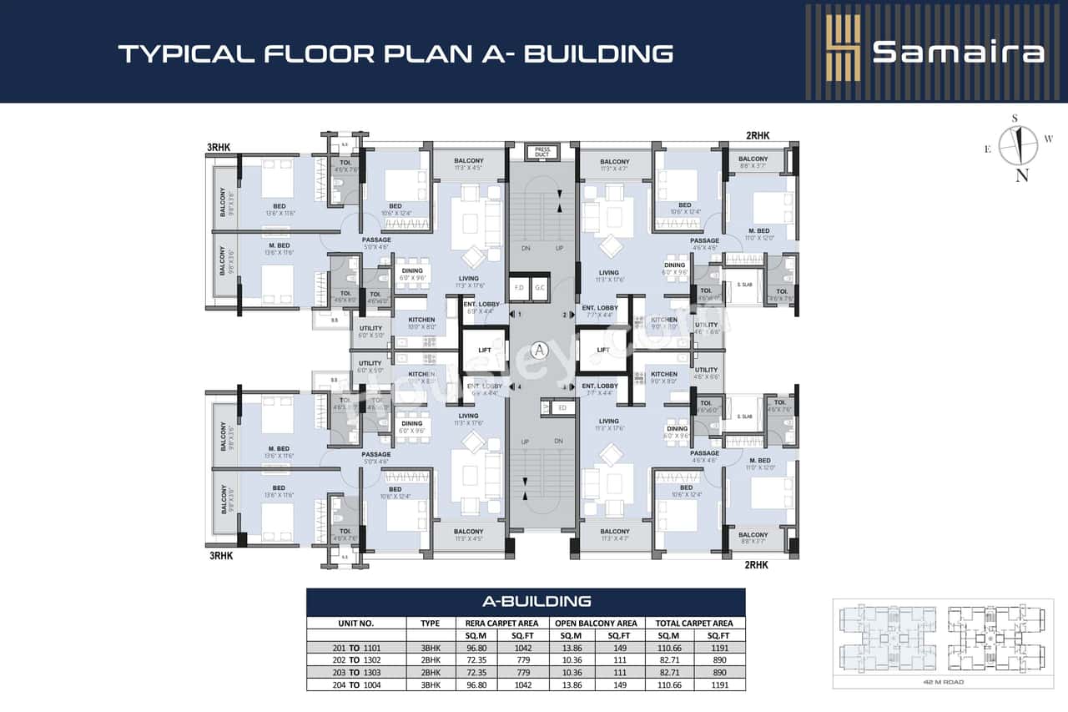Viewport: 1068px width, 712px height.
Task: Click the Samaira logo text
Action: coord(958,52)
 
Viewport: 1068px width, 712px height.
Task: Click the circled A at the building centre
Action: coord(539,350)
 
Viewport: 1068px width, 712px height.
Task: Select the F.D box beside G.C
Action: coord(518,287)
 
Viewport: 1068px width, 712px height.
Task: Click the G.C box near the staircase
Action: coord(540,287)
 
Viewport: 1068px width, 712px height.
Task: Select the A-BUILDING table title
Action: coord(525,601)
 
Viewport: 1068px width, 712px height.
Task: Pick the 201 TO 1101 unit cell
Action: coord(355,648)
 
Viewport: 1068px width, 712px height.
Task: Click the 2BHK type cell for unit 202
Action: coord(430,660)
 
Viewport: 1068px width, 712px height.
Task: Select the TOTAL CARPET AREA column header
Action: coord(694,623)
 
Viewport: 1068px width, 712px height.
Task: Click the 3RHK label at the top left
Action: coord(219,148)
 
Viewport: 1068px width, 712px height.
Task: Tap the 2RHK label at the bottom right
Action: coord(755,565)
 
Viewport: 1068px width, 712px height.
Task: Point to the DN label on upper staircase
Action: coord(526,248)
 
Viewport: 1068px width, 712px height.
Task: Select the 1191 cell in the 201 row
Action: coord(718,648)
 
